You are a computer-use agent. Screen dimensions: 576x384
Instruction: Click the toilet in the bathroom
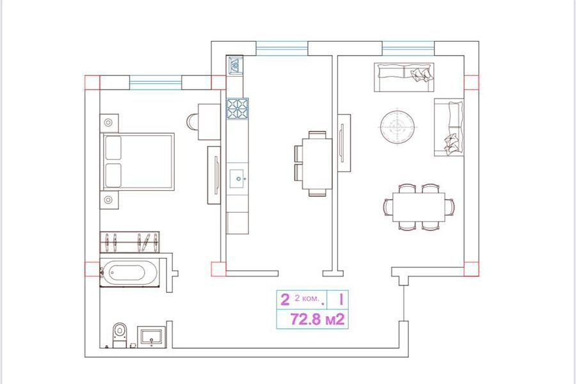120,335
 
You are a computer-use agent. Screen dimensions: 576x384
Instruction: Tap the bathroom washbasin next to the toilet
151,337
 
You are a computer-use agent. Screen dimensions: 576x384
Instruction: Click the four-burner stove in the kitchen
237,109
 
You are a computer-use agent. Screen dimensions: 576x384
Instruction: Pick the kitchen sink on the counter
237,179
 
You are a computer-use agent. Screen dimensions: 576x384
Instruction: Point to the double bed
138,162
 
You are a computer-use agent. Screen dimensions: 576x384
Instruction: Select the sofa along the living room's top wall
404,77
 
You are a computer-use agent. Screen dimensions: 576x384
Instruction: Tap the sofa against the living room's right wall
449,127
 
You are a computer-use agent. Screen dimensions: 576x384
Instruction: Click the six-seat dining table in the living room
419,207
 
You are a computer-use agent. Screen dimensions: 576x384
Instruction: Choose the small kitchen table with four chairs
313,164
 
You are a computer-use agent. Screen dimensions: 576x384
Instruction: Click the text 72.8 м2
317,319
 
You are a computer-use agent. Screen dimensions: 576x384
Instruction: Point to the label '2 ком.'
307,298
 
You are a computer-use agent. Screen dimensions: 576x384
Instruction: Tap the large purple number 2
285,300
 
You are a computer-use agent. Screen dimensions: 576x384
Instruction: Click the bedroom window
156,83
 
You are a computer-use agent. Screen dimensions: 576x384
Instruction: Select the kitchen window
282,48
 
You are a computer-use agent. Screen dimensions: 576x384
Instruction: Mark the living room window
408,48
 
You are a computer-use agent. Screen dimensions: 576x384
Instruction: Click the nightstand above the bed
109,123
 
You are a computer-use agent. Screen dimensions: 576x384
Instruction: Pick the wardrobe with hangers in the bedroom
130,242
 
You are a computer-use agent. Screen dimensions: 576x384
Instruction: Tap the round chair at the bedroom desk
192,122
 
